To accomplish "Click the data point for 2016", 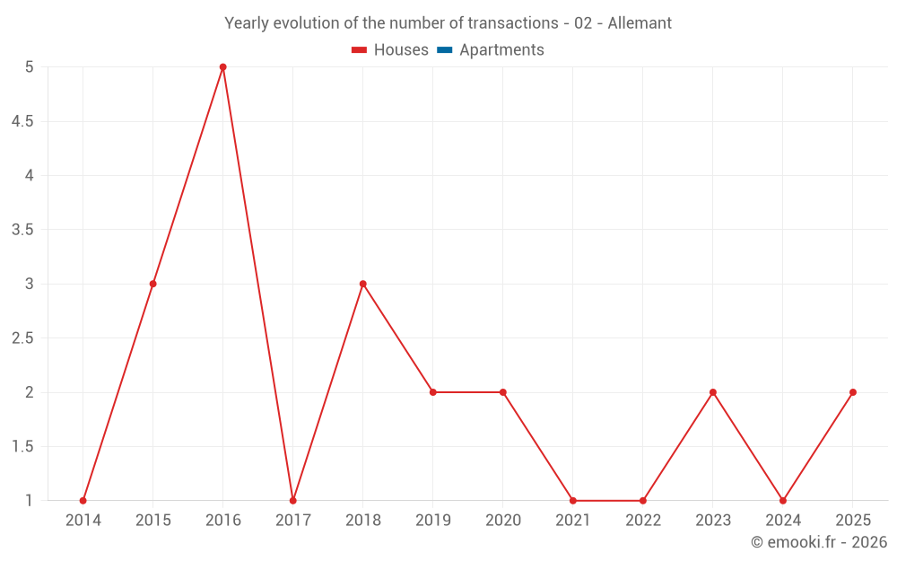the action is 223,67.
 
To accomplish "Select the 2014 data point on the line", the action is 83,501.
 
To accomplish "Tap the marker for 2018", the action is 363,284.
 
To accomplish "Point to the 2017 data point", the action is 293,501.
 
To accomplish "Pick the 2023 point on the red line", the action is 713,392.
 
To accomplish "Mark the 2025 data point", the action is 853,392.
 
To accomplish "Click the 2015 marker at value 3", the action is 152,284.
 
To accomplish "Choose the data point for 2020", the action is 503,392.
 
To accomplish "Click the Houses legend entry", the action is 390,49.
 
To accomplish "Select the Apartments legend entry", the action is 491,49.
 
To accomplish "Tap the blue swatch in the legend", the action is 445,49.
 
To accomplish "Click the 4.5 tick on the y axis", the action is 22,121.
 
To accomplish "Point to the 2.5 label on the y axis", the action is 22,338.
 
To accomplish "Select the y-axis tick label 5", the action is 30,67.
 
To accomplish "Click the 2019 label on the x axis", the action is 433,520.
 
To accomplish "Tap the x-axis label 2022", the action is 643,520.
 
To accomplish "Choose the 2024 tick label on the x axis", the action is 783,520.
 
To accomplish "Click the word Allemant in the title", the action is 640,23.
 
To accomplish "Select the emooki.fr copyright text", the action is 819,542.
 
